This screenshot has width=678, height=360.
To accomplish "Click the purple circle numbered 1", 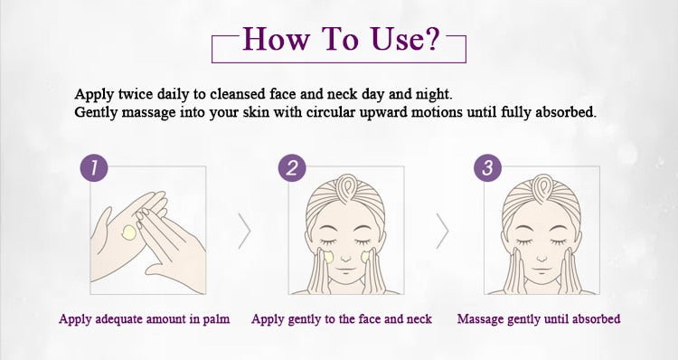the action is click(94, 167).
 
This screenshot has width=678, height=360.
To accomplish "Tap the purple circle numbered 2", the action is click(292, 167).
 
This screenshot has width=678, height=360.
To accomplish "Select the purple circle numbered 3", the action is click(488, 167).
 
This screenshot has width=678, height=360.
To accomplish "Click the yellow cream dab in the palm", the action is click(129, 232).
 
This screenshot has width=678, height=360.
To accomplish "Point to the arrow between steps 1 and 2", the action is click(244, 231).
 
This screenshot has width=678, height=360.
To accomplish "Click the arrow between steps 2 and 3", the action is click(442, 231).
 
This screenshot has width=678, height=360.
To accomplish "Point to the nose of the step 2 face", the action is click(345, 259).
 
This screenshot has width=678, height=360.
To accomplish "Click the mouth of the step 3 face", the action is click(541, 270).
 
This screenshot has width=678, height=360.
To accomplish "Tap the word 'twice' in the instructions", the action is click(136, 93).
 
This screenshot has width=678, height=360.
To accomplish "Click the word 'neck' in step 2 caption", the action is click(419, 319).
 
